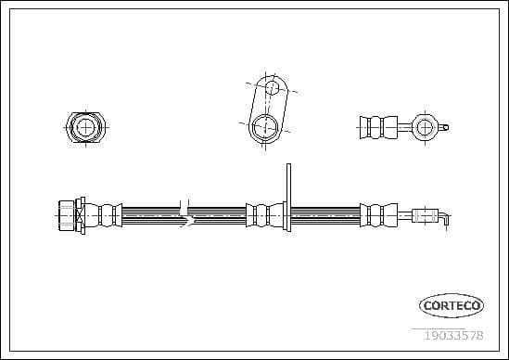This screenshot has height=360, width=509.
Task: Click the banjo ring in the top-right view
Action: [425, 126]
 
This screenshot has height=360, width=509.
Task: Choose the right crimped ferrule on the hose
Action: [377, 214]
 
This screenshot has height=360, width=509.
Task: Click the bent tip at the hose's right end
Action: [446, 218]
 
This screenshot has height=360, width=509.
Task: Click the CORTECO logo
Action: [452, 304]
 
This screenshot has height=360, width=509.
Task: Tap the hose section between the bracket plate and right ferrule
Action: [325, 214]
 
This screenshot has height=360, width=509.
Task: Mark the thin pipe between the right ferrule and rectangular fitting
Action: [402, 215]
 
